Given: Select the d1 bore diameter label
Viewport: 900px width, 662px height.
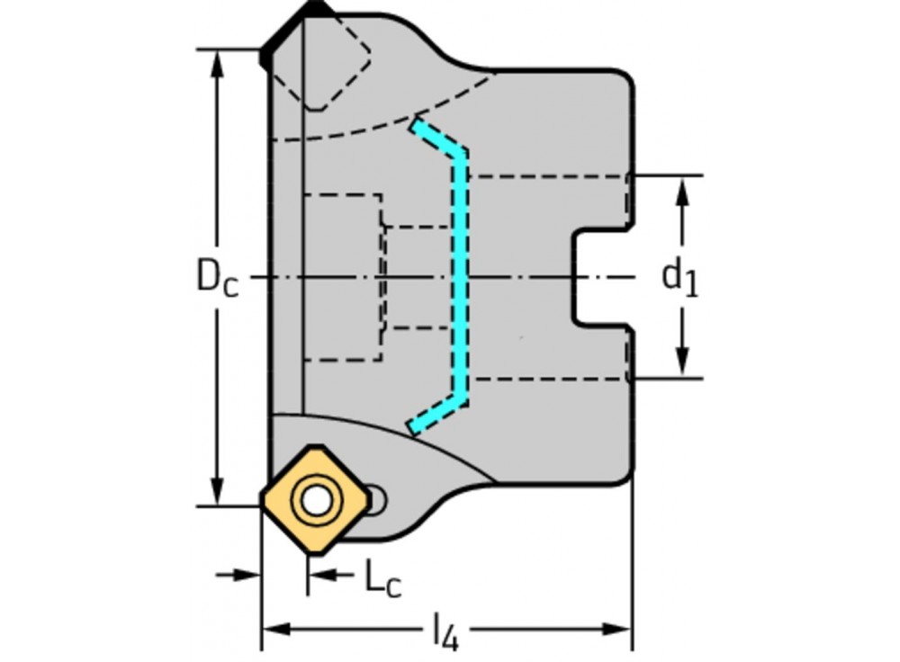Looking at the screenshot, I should [680, 277].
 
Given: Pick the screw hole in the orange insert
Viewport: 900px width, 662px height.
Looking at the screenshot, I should [316, 501].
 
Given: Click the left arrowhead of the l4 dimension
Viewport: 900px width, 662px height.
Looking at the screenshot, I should [273, 628].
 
